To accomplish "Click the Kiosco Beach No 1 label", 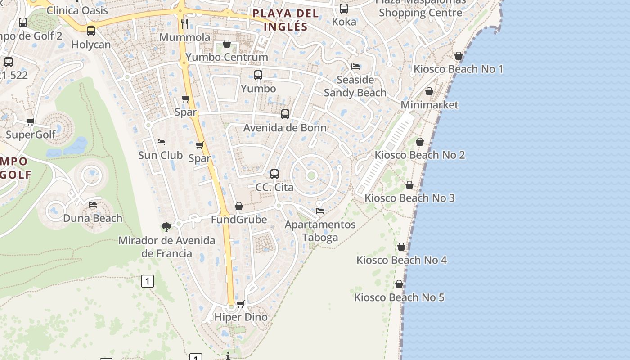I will click(458, 69).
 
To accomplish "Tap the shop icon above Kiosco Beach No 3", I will click(409, 185).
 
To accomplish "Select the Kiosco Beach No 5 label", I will click(399, 297).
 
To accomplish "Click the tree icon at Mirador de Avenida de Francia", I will click(166, 227).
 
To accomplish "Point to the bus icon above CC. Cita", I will click(274, 174).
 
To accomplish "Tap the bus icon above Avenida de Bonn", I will click(285, 114).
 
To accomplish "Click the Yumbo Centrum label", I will click(227, 57).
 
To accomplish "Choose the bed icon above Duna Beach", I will click(93, 204).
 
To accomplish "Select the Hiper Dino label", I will click(241, 317).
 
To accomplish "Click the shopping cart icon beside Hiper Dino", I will click(241, 304).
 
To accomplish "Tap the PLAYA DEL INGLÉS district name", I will click(286, 20).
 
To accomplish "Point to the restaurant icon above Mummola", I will click(184, 23).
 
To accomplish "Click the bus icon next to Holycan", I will click(91, 31).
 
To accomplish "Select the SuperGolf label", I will click(31, 135).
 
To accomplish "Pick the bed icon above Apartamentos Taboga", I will click(320, 210).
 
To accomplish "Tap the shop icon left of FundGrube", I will click(239, 206).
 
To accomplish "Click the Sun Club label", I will click(160, 156).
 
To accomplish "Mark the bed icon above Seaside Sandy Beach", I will click(355, 67).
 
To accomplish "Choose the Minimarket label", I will click(430, 105).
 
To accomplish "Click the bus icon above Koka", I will click(344, 8).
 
